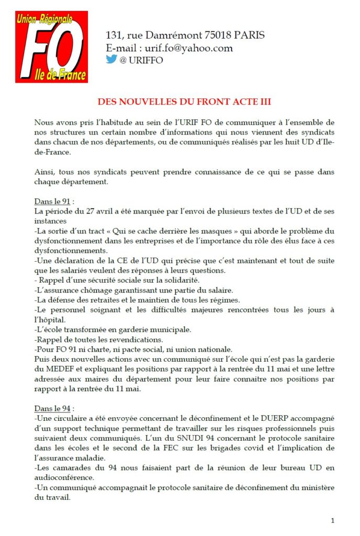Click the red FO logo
click(51, 48)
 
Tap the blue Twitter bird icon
click(111, 59)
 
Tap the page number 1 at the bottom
click(333, 520)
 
